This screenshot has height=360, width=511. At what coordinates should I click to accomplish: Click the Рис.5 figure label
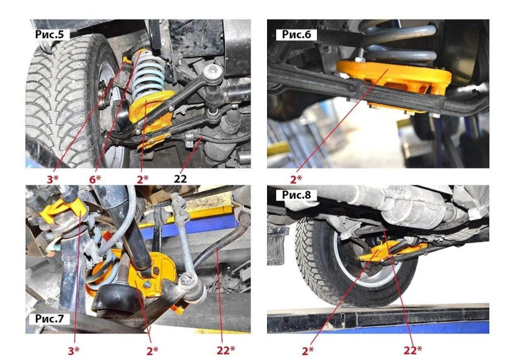click(50, 35)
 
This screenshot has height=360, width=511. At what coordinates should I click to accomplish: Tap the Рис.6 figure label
click(297, 35)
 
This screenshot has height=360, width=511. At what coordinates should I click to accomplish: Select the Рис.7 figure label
click(50, 318)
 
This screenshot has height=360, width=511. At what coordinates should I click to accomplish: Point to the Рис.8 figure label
click(297, 195)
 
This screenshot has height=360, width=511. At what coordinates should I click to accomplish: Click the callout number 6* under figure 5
click(95, 179)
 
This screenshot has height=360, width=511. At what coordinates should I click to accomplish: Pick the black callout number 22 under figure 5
click(180, 179)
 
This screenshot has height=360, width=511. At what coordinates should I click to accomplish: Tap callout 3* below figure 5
click(52, 179)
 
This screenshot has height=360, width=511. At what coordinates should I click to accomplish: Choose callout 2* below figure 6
click(296, 179)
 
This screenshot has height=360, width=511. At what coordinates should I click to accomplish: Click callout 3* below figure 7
click(74, 350)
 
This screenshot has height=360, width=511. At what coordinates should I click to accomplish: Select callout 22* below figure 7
click(226, 350)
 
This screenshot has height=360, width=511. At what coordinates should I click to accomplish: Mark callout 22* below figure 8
click(412, 350)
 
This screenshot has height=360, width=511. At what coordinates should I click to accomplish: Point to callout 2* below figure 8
click(308, 350)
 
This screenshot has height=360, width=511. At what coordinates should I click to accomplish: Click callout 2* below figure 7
click(152, 350)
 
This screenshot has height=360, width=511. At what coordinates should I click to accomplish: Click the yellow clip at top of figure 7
click(63, 210)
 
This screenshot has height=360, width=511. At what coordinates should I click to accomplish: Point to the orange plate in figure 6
click(394, 79)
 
